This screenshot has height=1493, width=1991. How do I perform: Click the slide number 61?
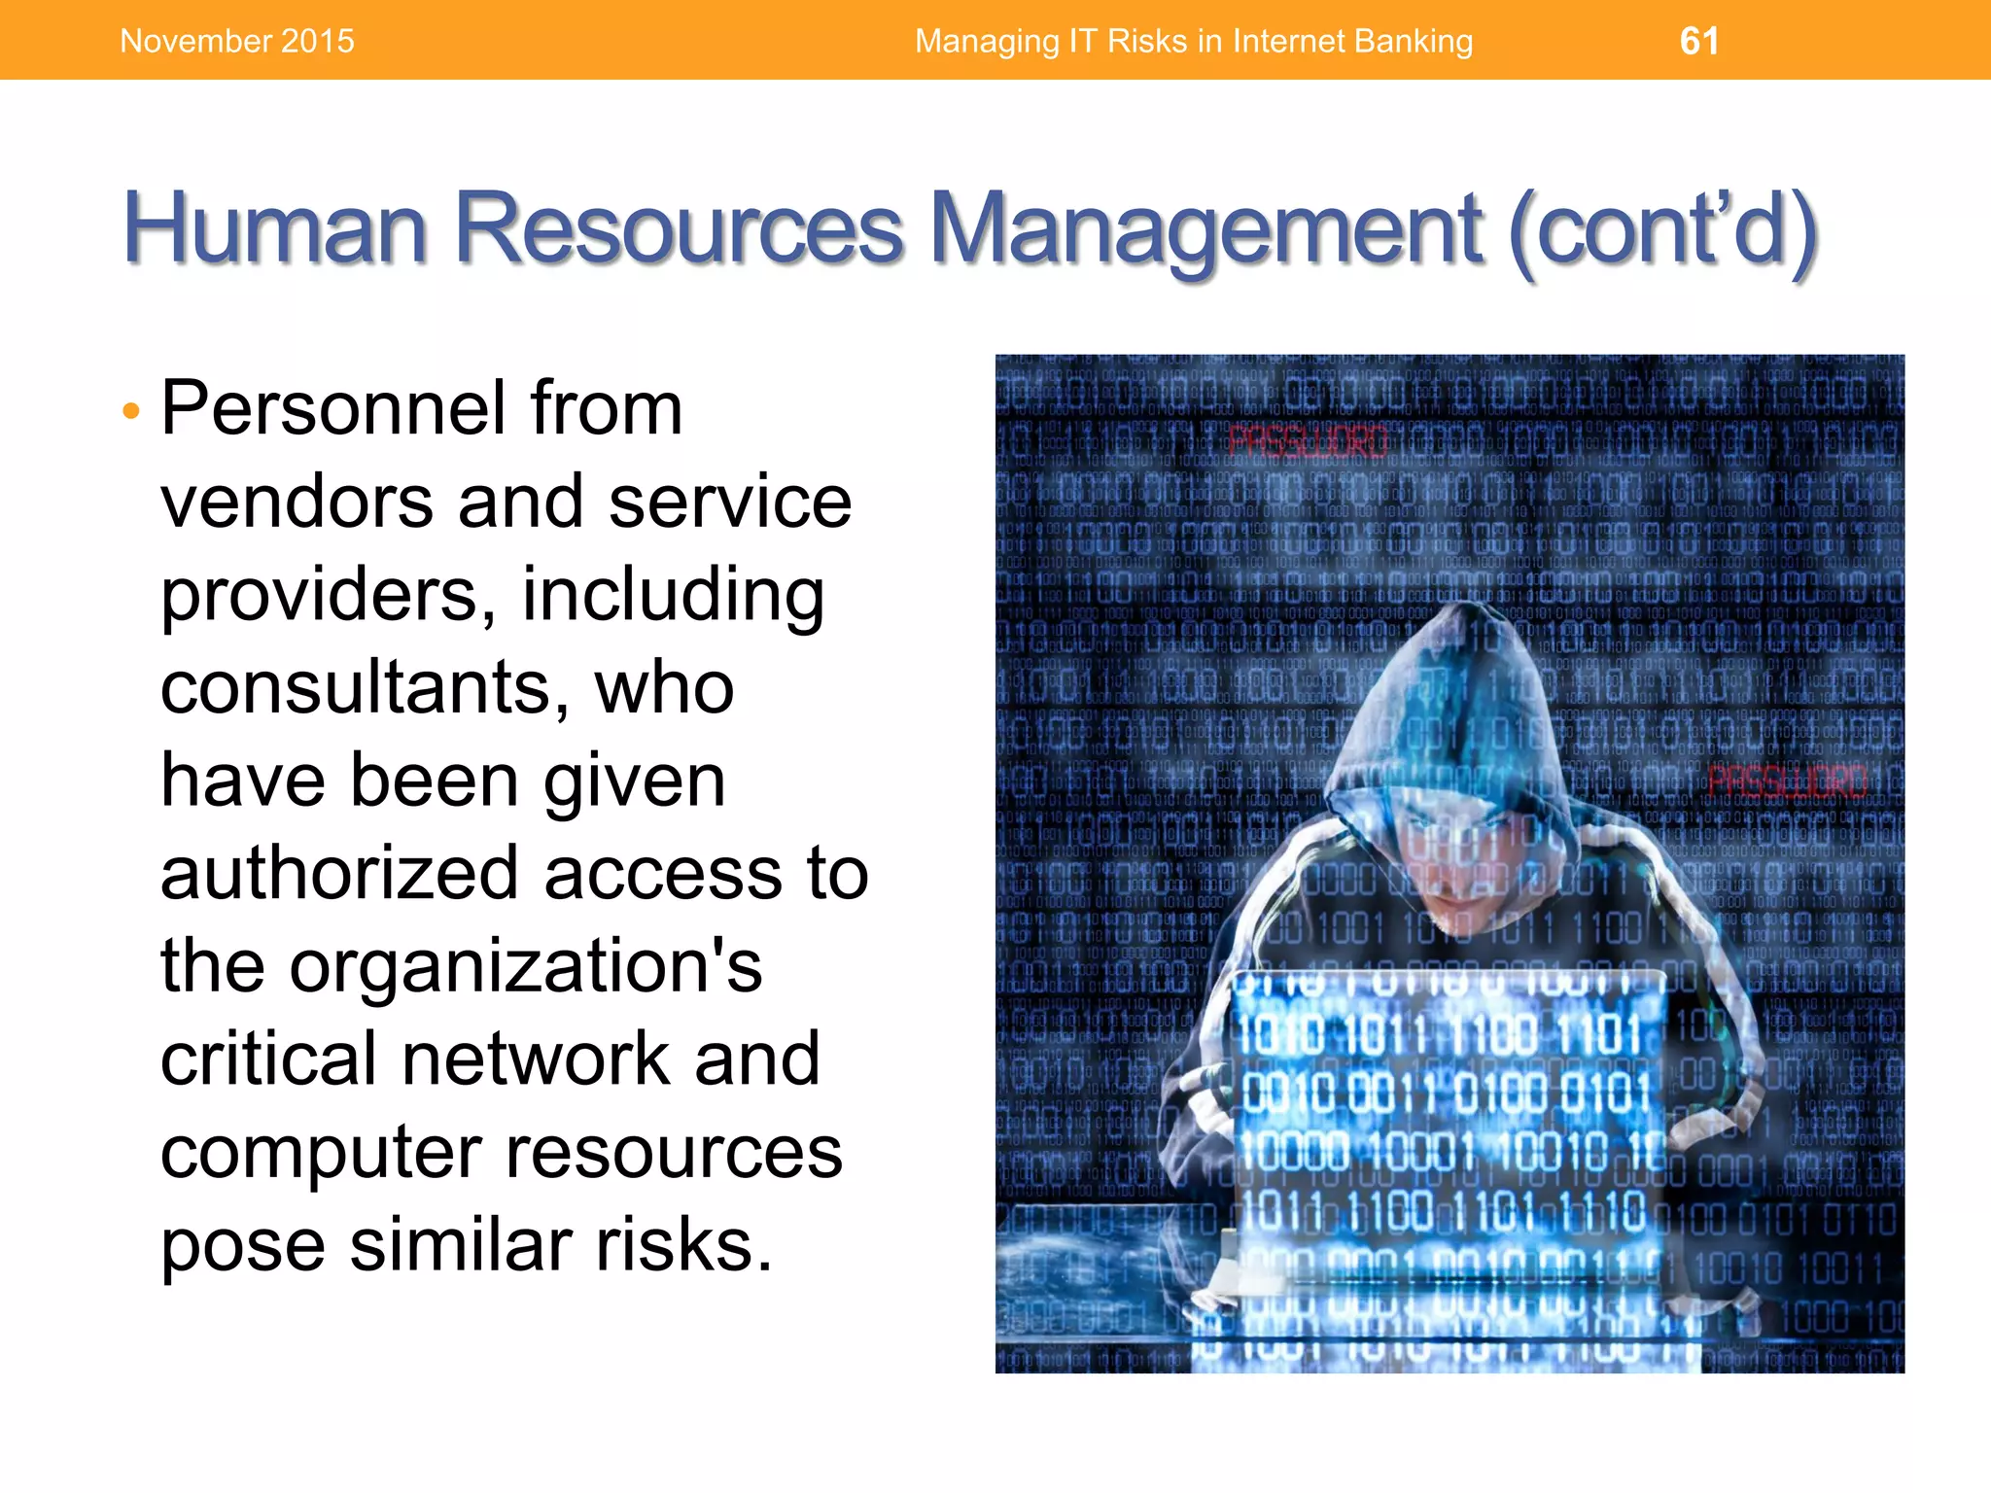(x=1698, y=41)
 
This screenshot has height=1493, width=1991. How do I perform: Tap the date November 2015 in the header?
(x=237, y=41)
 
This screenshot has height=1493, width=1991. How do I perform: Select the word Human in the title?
(x=275, y=228)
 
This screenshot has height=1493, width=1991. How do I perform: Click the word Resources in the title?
(x=680, y=228)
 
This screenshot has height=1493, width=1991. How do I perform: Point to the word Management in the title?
(x=1205, y=230)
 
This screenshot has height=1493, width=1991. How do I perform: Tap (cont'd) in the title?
(x=1662, y=230)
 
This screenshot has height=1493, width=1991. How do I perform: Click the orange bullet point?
(x=132, y=411)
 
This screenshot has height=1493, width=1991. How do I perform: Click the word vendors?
(x=297, y=502)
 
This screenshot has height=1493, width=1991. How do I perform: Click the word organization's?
(x=525, y=967)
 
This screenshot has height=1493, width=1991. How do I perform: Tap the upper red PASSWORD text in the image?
(x=1308, y=442)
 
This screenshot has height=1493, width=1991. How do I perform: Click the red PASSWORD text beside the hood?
(x=1787, y=781)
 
